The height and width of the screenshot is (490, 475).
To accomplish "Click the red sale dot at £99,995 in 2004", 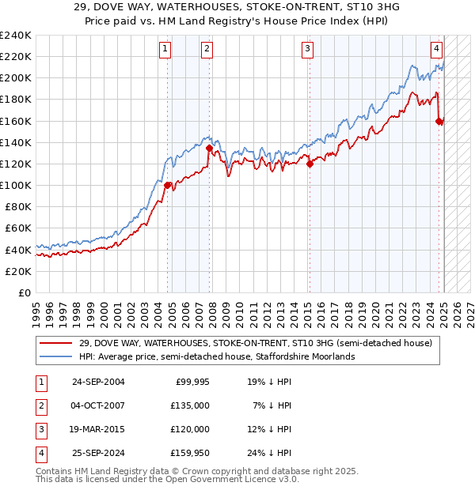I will coord(168,186).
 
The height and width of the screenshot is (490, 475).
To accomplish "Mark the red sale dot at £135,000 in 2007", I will coord(209,148).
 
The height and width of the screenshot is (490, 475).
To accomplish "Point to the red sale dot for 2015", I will coord(310,164).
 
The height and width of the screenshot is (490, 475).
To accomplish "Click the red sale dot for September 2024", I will coord(439,121).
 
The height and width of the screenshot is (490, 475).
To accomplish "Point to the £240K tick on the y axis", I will coord(16,36).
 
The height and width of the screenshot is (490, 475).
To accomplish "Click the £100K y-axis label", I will coord(16,185).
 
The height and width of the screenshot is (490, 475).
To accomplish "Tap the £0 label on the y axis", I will coord(24,292).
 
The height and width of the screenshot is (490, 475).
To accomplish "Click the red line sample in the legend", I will coord(56,343).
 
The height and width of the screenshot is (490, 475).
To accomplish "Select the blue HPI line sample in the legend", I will coord(56,356).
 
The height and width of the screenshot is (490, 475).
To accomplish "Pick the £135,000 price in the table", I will coord(191,405).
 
